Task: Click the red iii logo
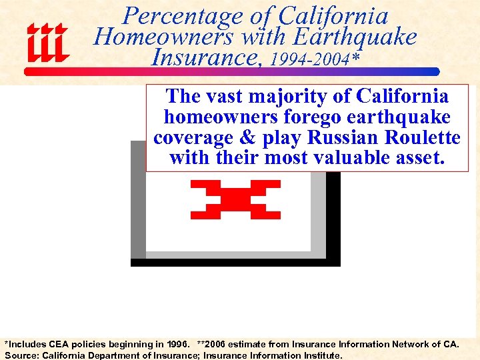click(x=47, y=43)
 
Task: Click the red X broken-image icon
click(x=235, y=199)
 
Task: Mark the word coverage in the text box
click(x=196, y=137)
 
